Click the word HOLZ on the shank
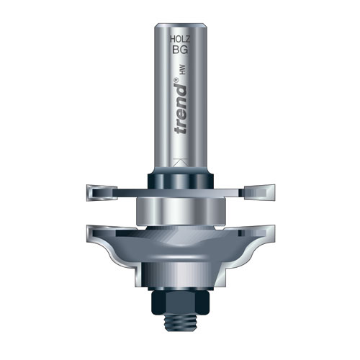[x=180, y=40]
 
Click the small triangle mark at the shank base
[x=180, y=166]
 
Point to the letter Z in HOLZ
[x=188, y=40]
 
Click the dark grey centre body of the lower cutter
[x=180, y=252]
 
